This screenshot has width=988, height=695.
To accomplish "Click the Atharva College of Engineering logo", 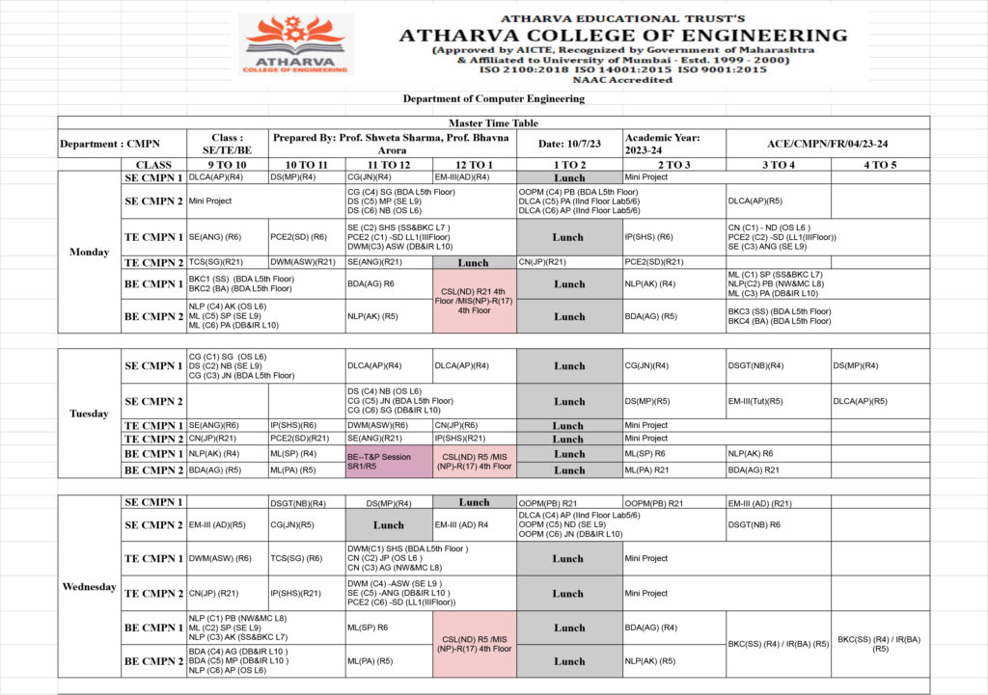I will [295, 44].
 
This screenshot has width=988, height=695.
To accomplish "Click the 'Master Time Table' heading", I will [493, 123].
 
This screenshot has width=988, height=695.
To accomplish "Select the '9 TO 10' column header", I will [227, 165].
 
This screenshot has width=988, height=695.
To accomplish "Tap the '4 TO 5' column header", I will [880, 165].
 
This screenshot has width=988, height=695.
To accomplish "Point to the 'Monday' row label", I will [90, 253].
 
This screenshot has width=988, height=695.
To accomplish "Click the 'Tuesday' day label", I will [90, 414].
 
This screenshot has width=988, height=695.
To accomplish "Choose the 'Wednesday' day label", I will [90, 586].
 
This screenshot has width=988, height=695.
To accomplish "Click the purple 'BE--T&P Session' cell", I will [389, 462].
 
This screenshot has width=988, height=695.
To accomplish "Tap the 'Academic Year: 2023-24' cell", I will [673, 144].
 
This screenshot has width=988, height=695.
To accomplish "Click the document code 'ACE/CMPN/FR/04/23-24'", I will [828, 144].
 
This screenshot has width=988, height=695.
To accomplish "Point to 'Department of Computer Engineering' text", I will [493, 98].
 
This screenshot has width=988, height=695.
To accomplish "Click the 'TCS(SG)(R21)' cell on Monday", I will [226, 262].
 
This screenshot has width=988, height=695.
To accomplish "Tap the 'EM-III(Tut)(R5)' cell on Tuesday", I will [777, 401].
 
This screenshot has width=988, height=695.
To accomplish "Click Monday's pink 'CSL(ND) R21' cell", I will [474, 301].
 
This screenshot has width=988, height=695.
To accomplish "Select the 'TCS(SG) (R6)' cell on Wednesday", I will [305, 558].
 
